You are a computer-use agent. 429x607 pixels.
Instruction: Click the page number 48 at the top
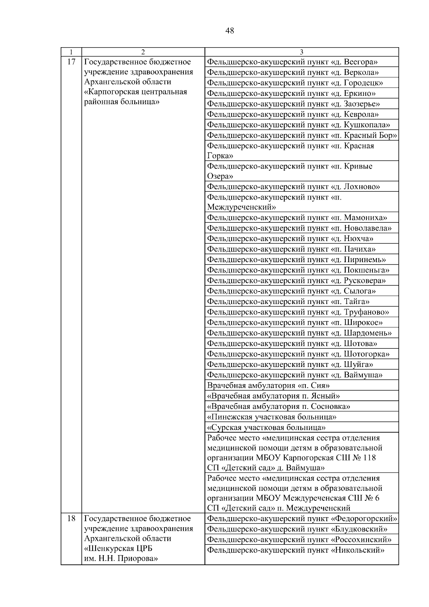230,31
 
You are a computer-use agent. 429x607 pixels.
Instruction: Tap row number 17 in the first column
71,62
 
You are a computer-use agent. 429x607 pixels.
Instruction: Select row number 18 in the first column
71,518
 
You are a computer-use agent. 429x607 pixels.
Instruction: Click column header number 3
301,52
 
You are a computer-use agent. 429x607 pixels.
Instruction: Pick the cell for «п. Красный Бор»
302,135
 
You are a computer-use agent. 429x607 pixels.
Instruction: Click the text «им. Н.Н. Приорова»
121,558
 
